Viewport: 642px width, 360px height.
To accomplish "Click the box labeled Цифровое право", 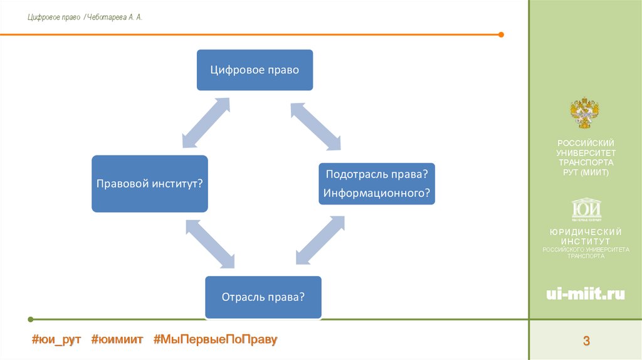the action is pos(255,70).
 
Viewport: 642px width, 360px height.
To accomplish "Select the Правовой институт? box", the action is pos(149,184).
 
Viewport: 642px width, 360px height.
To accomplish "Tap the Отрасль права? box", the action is pos(263,297).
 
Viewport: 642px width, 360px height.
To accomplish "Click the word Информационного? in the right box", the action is pos(377,193).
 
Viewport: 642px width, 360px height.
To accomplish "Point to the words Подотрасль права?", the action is pos(377,174).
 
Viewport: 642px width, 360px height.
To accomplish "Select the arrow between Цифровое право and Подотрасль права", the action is pos(315,127).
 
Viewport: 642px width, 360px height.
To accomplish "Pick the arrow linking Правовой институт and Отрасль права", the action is pos(210,244).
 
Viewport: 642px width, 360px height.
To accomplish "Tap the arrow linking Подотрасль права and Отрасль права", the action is pos(320,241).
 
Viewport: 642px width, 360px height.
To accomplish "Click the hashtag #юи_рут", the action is pos(56,339).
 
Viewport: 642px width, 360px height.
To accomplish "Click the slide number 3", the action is pos(586,341).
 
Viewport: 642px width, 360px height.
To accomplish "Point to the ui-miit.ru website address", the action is pos(586,294).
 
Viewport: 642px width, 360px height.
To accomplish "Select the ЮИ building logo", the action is pos(586,209).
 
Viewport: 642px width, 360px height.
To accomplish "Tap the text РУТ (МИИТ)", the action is pos(586,172).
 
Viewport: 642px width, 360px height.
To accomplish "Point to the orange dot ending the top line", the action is pos(501,34).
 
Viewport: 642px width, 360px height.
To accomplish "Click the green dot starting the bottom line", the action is pos(31,319).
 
